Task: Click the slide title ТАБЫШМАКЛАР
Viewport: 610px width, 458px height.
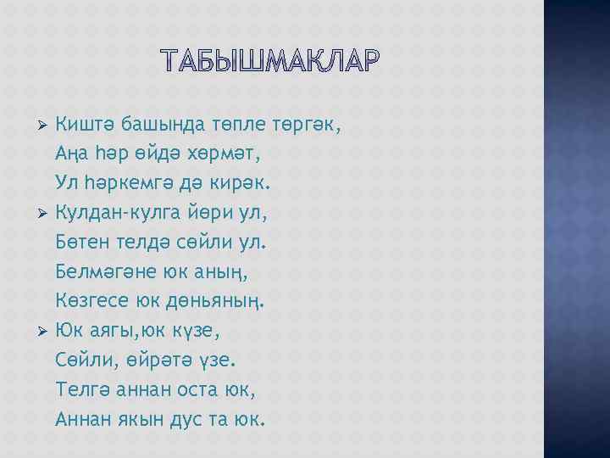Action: (269, 61)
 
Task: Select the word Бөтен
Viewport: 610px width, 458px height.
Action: (83, 243)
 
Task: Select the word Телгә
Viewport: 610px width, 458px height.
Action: (80, 389)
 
